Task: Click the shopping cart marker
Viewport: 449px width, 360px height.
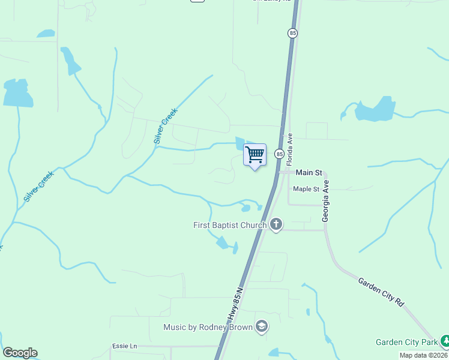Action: [255, 155]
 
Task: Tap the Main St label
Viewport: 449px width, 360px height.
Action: [304, 172]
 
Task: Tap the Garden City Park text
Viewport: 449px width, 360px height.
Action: [406, 342]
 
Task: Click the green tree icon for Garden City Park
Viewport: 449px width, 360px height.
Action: [445, 342]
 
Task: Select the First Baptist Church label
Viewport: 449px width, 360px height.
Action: [229, 225]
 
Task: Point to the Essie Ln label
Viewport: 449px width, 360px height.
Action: [125, 346]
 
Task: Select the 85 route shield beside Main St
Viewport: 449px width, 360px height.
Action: [279, 154]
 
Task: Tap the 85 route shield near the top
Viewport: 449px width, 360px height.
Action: [292, 34]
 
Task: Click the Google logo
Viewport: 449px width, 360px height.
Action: [20, 353]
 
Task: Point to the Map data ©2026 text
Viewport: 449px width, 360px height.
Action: [423, 355]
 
